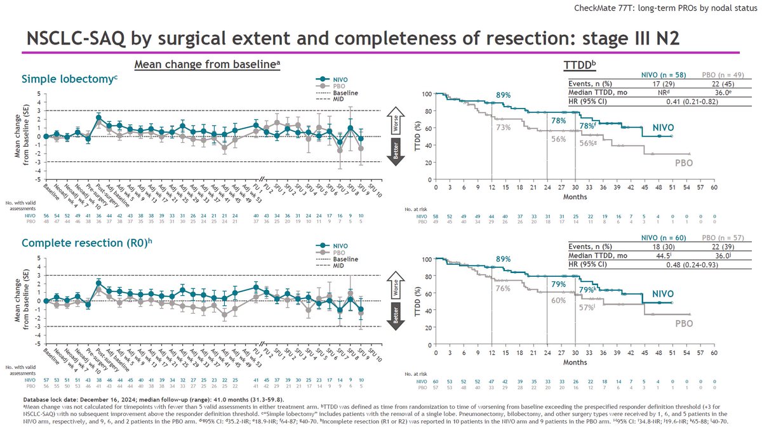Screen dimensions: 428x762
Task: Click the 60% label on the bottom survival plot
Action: [558, 301]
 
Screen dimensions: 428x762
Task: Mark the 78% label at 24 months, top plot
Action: [558, 121]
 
